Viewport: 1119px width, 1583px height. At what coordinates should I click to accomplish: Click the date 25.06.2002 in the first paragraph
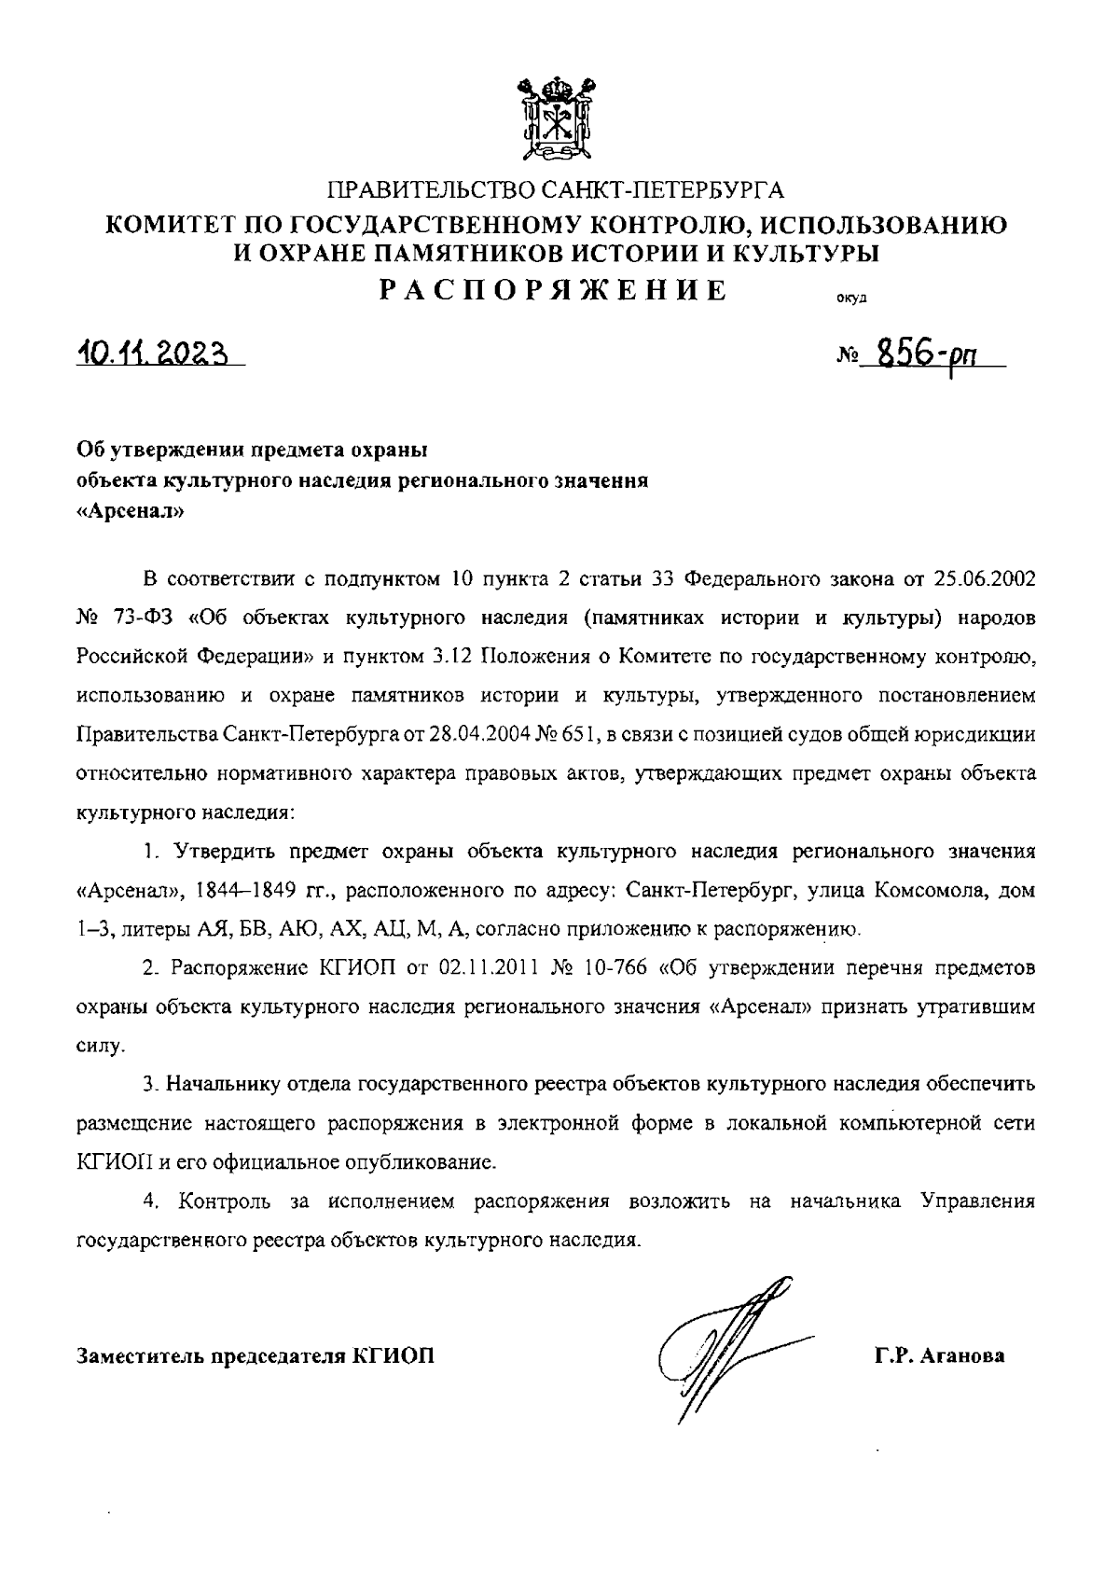pos(983,577)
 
